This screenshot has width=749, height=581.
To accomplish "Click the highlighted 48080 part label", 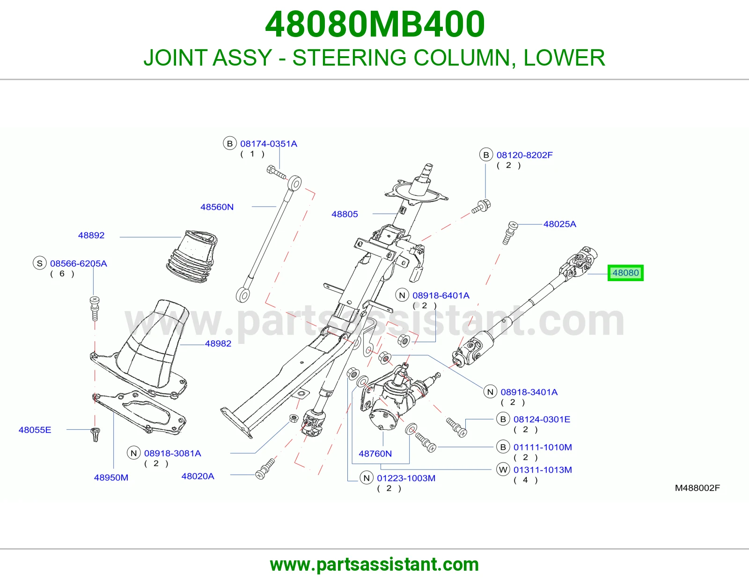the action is click(x=625, y=273).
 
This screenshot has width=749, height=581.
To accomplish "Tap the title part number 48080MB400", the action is click(x=374, y=24).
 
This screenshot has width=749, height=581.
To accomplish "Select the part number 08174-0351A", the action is click(x=269, y=144).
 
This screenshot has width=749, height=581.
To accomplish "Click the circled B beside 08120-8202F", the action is click(x=486, y=155).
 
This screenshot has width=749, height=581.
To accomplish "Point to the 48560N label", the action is click(x=217, y=207).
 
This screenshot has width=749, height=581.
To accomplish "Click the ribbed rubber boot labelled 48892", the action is click(x=192, y=256).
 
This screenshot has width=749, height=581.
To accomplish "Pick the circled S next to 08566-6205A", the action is click(x=40, y=263).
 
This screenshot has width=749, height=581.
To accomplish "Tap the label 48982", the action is click(x=218, y=343).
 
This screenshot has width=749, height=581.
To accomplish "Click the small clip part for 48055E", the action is click(x=95, y=434).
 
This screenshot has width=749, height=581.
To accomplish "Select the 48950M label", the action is click(x=111, y=477).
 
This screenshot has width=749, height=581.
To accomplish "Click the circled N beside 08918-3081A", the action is click(x=134, y=453).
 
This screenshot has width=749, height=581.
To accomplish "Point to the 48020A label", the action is click(x=198, y=476).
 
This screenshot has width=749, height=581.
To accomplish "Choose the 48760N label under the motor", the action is click(x=375, y=454).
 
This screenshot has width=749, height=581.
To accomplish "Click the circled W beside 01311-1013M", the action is click(x=503, y=469).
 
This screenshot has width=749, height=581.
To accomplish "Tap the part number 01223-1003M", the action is click(x=406, y=478).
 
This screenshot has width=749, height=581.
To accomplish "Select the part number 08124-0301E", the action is click(x=542, y=419).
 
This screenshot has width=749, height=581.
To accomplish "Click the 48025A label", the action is click(x=560, y=224).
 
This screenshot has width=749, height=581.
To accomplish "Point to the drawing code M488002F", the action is click(x=698, y=488).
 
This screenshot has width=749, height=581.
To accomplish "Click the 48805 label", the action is click(x=345, y=214).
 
